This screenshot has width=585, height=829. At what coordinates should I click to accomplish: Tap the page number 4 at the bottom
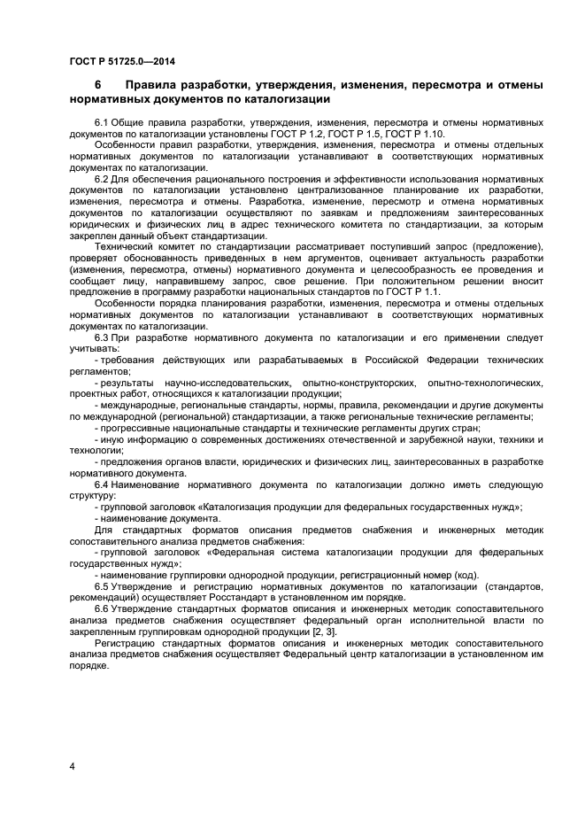72,765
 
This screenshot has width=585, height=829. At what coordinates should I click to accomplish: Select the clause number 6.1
101,121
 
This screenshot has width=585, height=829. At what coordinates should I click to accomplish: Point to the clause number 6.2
101,179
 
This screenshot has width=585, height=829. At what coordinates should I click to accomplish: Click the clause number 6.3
101,339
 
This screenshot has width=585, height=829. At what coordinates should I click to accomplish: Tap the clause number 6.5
101,585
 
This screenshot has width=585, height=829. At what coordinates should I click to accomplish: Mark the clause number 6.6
101,610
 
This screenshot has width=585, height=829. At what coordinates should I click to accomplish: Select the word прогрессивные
135,427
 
